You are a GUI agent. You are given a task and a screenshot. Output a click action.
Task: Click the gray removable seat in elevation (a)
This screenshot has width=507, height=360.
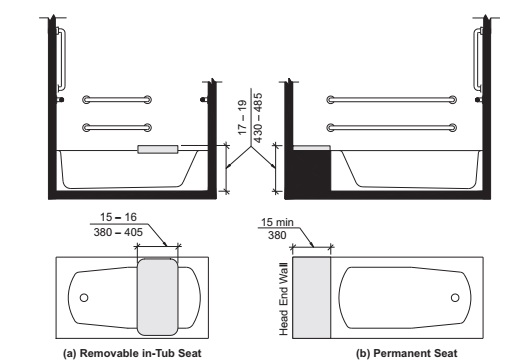[x=158, y=149]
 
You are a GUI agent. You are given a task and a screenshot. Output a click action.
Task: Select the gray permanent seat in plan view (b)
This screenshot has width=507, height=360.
[x=315, y=297]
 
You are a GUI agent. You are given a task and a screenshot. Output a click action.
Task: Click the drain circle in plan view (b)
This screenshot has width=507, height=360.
[x=456, y=297]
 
